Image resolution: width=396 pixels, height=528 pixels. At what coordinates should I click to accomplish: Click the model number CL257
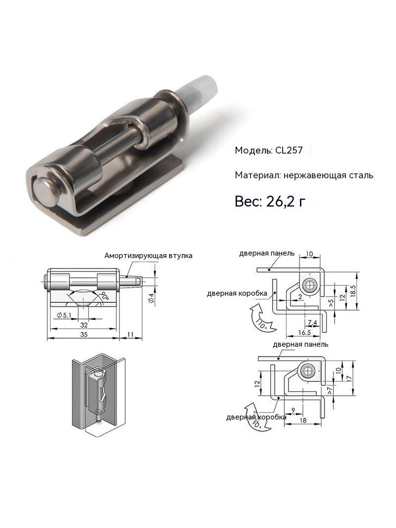[x=289, y=150]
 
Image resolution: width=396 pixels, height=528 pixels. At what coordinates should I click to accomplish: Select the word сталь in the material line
[x=361, y=175]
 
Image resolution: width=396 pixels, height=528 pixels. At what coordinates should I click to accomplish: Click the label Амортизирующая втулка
[x=148, y=256]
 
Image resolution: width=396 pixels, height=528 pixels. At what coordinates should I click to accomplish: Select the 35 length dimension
[x=84, y=334]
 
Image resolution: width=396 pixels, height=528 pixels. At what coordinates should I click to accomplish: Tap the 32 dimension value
[x=84, y=325]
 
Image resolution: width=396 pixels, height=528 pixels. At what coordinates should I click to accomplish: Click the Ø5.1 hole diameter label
[x=64, y=316]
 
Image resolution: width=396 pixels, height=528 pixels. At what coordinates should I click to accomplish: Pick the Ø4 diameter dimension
[x=151, y=298]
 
